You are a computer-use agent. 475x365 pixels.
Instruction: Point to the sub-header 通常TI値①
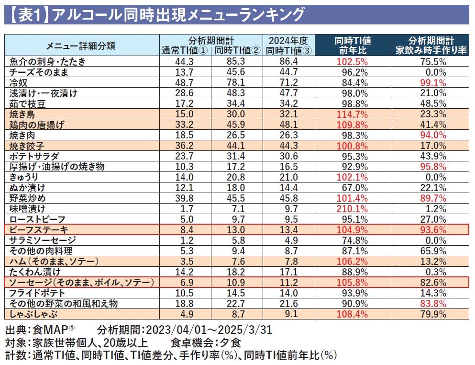click(x=184, y=50)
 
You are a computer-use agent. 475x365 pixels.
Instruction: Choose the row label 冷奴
click(x=19, y=82)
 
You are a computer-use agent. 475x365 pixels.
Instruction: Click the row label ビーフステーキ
click(x=39, y=230)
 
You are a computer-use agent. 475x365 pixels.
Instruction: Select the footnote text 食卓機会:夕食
click(x=206, y=343)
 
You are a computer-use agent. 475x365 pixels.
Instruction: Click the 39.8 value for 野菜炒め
click(x=184, y=198)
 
